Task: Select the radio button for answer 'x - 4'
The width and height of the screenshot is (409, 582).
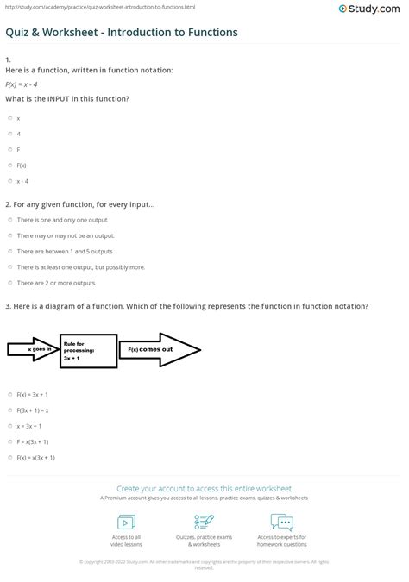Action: coord(9,180)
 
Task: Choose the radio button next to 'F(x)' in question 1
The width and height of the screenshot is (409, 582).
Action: coord(9,165)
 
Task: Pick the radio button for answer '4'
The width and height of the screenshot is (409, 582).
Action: coord(9,133)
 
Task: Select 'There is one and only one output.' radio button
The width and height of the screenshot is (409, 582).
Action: coord(9,220)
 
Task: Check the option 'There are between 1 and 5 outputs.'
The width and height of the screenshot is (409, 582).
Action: coord(9,251)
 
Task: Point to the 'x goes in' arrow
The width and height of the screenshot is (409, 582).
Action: coord(33,349)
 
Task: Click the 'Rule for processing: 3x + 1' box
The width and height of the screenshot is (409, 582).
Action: coord(88,348)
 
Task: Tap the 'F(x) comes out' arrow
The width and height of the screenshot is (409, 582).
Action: coord(160,349)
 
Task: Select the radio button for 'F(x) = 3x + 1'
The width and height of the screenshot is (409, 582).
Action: coord(9,394)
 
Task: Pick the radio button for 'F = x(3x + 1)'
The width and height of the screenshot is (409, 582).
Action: coord(9,441)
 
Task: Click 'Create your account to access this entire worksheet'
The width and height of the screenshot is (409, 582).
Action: coord(204,487)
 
